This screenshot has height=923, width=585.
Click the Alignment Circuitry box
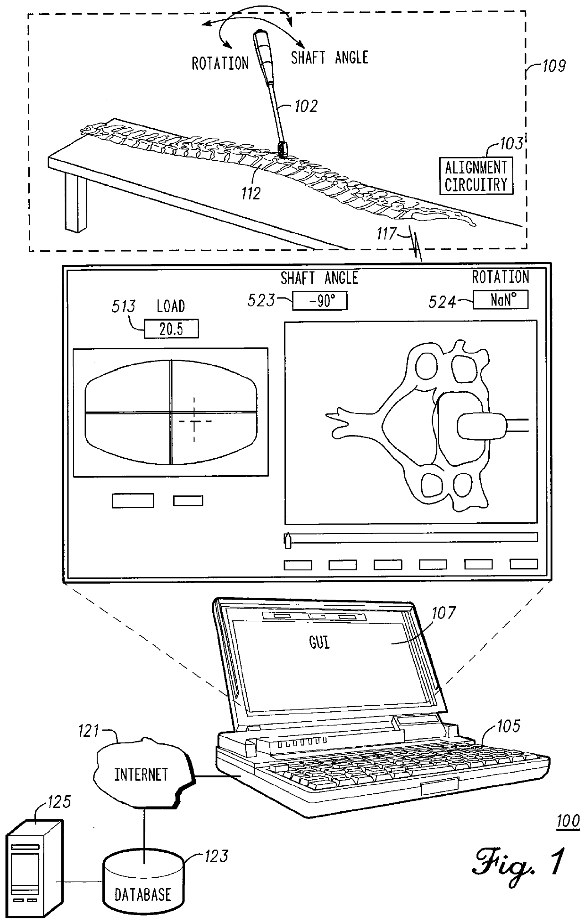coord(476,176)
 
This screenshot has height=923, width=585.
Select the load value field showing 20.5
coord(171,329)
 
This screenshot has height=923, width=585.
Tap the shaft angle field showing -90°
coord(320,301)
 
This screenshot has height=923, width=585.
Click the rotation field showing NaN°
coord(500,300)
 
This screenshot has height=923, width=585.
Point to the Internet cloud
coord(142,775)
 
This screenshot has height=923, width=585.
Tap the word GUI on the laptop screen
coord(319,643)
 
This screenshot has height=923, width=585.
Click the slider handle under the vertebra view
coord(287,540)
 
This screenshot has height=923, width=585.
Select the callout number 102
coord(306,106)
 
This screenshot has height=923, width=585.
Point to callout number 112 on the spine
coord(250,193)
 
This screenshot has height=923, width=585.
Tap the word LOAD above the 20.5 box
coord(170,306)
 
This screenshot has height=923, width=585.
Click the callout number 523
coord(261,300)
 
